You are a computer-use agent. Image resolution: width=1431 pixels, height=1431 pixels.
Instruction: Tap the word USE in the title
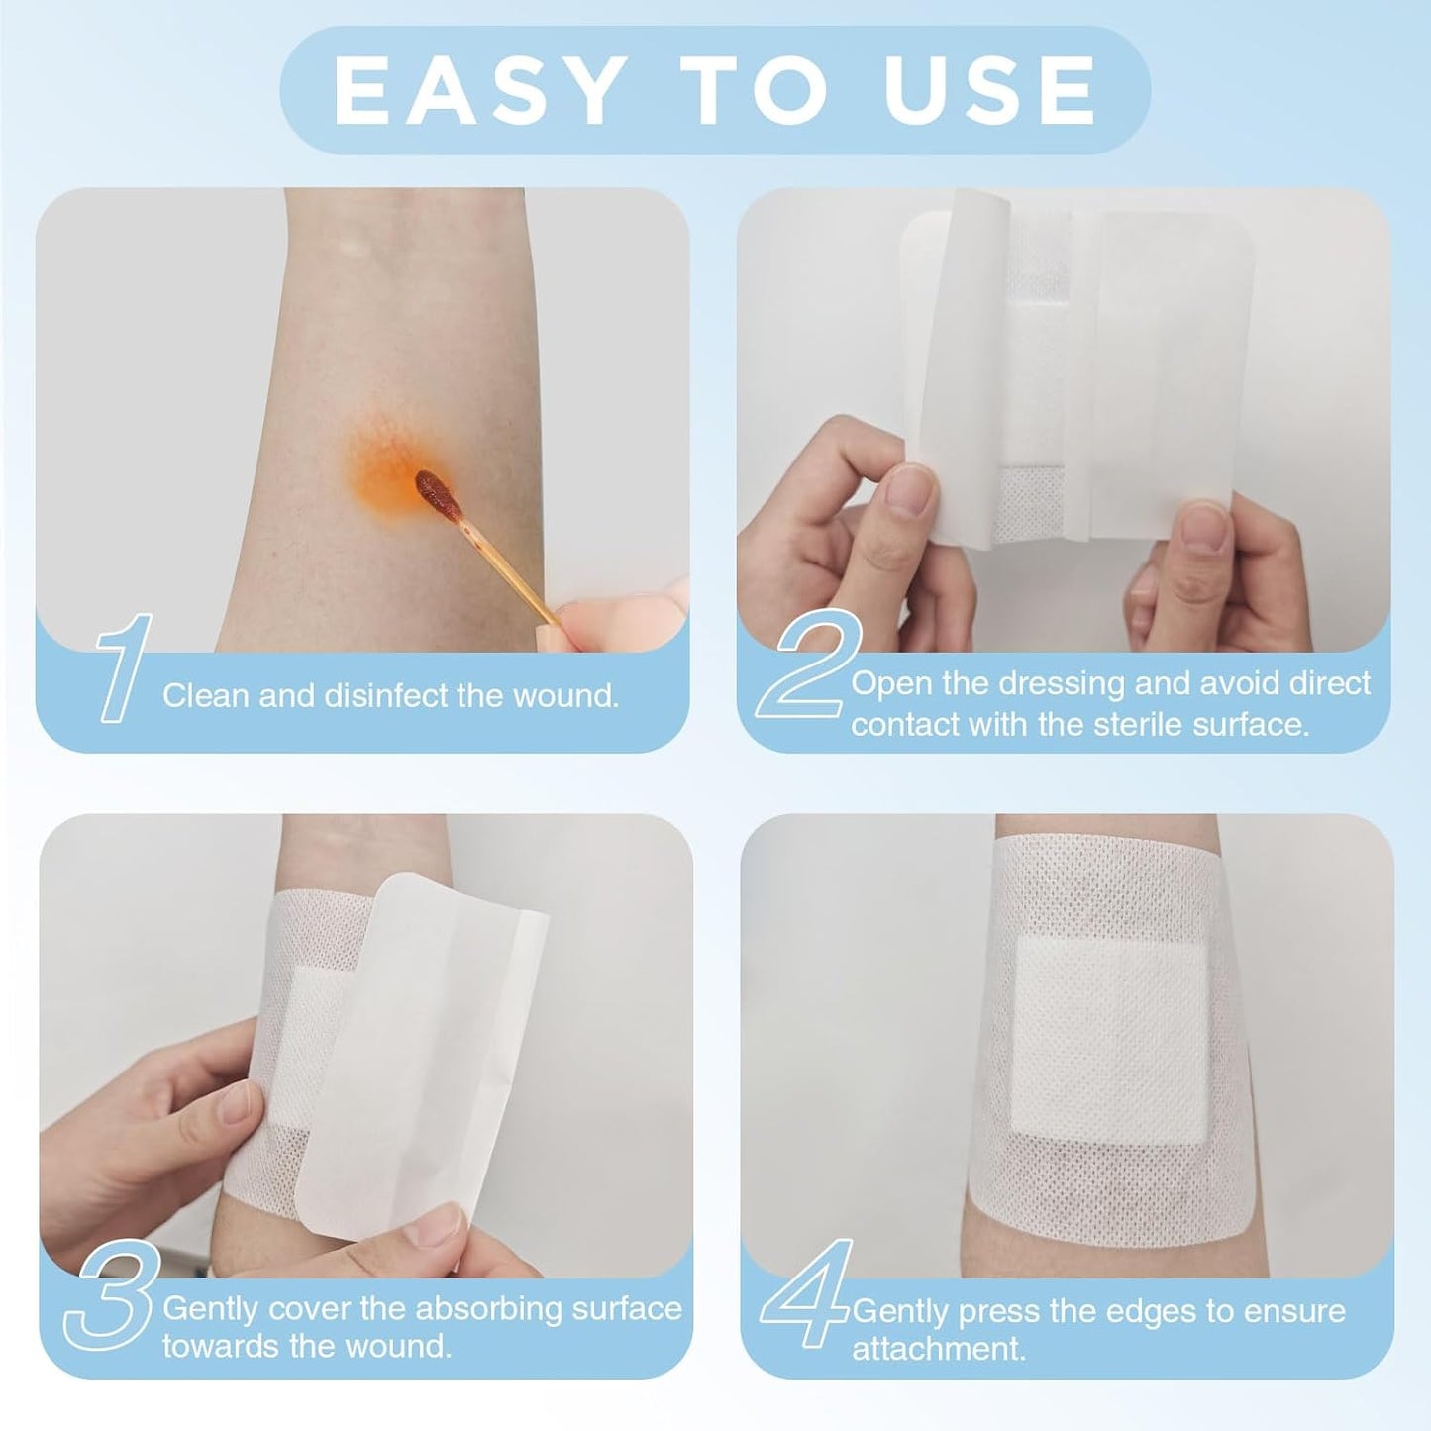coord(989,91)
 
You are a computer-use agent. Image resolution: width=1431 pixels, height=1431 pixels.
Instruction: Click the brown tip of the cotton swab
coord(433,489)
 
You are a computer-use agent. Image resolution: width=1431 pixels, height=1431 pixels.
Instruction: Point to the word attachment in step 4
coord(938,1349)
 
